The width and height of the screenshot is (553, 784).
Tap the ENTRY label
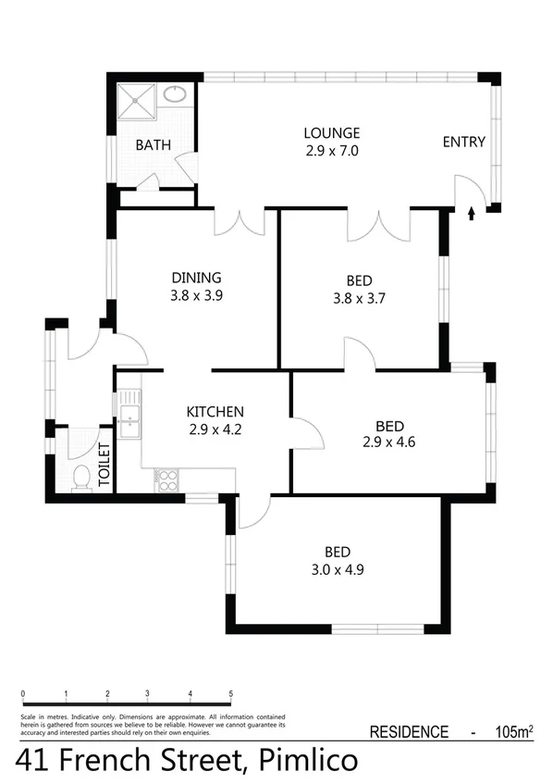click(x=463, y=142)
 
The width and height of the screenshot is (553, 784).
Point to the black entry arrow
click(x=472, y=213)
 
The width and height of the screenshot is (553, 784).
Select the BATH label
click(x=152, y=145)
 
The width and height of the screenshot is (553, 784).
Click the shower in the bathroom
click(x=139, y=99)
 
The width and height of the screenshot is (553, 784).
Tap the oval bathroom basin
click(x=175, y=93)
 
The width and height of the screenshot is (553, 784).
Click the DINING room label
click(x=196, y=278)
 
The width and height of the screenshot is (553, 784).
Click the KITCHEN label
click(x=215, y=412)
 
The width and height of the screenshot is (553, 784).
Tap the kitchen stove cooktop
click(x=166, y=479)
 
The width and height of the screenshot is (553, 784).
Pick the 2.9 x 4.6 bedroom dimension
click(x=389, y=443)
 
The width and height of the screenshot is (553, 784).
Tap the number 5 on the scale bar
click(x=231, y=693)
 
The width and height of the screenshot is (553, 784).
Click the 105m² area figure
click(x=511, y=732)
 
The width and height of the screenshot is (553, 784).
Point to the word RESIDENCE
click(x=409, y=732)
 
